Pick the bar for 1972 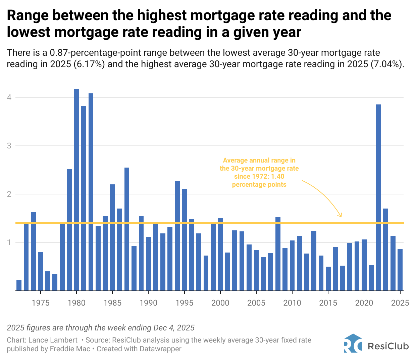pyautogui.click(x=19, y=285)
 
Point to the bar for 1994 pyautogui.click(x=177, y=235)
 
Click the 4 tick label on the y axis pyautogui.click(x=9, y=97)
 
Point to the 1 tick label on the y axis pyautogui.click(x=9, y=242)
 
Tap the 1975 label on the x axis pyautogui.click(x=41, y=303)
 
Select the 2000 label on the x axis pyautogui.click(x=220, y=303)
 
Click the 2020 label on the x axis pyautogui.click(x=364, y=303)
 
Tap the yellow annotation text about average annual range pyautogui.click(x=259, y=172)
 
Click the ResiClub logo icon pyautogui.click(x=353, y=344)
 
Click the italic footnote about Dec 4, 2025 pyautogui.click(x=101, y=328)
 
